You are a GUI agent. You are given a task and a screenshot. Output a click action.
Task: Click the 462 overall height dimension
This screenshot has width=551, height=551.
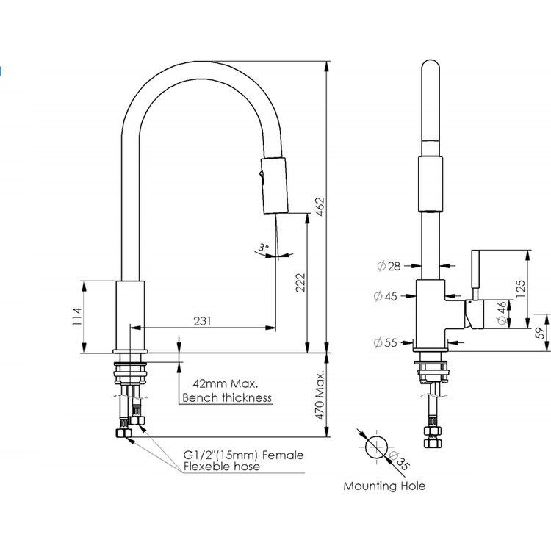click(320, 207)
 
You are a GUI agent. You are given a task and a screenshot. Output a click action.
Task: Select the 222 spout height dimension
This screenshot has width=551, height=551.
click(300, 283)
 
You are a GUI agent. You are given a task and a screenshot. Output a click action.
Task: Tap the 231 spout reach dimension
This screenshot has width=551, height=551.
click(203, 321)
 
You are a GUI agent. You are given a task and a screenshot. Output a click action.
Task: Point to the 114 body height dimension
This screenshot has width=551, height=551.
click(77, 317)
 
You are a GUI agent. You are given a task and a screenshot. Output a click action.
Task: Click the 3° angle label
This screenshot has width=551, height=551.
click(263, 247)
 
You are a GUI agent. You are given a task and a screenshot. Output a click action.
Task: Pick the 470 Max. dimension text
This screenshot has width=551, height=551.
click(320, 396)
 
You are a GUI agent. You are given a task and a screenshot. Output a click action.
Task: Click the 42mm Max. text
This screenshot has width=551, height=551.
click(226, 383)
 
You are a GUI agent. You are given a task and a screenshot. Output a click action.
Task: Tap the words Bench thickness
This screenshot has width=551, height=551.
click(227, 397)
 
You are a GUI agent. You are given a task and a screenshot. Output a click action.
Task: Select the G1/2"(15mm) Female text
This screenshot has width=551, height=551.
click(243, 455)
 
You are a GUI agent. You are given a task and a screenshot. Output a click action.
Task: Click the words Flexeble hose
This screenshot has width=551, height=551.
click(222, 467)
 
